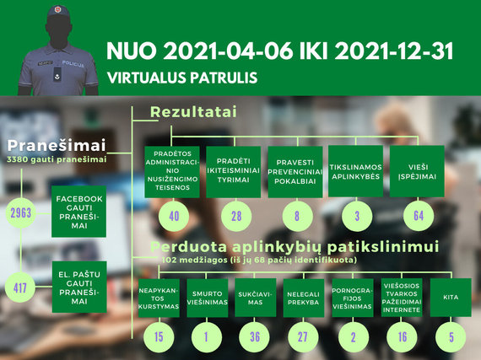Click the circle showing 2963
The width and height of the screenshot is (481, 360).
(21, 212)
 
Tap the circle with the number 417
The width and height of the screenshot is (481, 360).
(20, 287)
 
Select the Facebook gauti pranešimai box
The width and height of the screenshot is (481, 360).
(78, 212)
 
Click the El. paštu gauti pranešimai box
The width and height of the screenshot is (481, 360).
(79, 287)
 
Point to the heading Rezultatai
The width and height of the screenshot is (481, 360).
(193, 112)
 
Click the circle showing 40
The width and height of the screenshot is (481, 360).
(174, 216)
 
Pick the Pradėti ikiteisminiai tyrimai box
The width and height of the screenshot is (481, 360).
(234, 172)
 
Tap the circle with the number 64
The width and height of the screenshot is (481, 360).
(419, 216)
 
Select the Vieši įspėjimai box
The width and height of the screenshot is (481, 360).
(417, 171)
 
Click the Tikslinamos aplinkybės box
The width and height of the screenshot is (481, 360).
(356, 171)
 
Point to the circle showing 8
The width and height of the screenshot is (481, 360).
(297, 216)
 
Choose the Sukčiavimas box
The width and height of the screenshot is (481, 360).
(256, 298)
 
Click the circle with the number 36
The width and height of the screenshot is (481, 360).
(255, 337)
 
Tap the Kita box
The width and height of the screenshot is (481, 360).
(451, 298)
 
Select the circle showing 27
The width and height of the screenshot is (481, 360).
(303, 337)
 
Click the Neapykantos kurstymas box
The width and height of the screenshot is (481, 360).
(159, 298)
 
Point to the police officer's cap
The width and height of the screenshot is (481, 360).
(58, 12)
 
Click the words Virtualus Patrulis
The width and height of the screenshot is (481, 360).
(182, 78)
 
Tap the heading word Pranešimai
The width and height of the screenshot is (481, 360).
(57, 145)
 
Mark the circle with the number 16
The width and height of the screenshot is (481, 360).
(403, 337)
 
